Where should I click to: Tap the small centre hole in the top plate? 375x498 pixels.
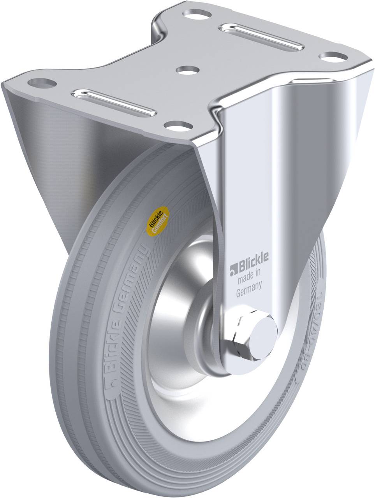[188, 70]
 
